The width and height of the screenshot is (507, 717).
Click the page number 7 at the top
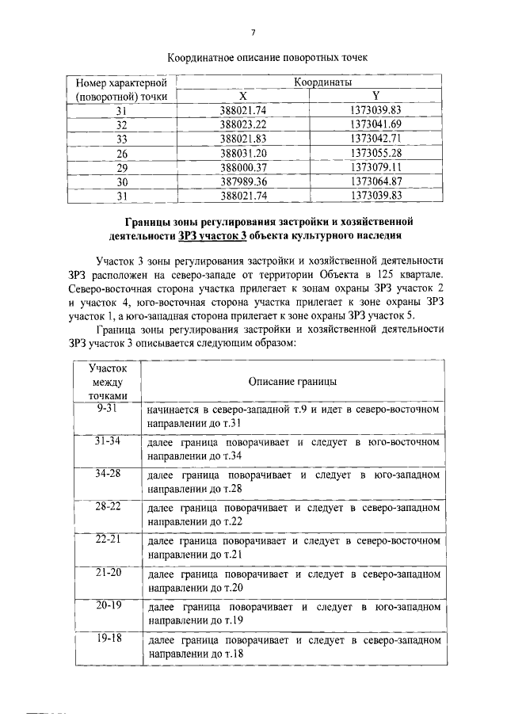(253, 32)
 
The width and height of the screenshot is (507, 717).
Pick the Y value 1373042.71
(375, 139)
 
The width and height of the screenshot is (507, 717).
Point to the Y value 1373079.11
(375, 167)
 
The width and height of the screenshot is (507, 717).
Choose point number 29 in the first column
(122, 167)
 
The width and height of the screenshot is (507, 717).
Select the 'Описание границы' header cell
(292, 382)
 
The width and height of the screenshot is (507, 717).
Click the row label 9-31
(106, 408)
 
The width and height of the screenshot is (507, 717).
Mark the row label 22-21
(106, 540)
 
